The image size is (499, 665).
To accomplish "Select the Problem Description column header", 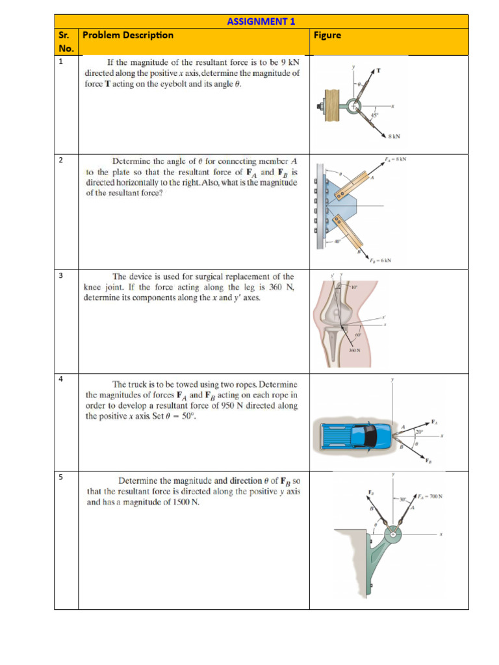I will click(x=128, y=35).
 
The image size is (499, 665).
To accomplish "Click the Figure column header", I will click(x=327, y=35).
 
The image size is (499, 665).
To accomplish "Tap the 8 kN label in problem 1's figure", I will click(x=394, y=136).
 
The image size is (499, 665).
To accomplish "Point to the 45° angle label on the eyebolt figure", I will click(x=374, y=115).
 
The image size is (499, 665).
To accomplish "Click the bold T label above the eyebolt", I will click(x=378, y=69).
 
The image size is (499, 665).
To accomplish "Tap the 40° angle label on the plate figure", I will click(x=337, y=242).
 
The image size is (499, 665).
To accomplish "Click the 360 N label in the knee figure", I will click(x=354, y=350).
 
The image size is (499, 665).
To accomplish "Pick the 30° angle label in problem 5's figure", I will click(x=403, y=499).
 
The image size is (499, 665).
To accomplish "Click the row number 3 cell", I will click(x=60, y=276).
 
